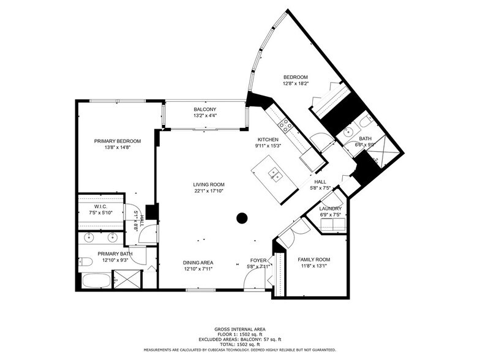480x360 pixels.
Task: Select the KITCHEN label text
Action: [268, 140]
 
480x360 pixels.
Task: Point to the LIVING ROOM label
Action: [209, 184]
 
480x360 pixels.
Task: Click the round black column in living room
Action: [242, 217]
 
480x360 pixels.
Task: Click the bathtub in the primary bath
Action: [96, 282]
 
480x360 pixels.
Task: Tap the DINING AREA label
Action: [198, 263]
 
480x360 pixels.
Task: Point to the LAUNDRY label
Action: [331, 209]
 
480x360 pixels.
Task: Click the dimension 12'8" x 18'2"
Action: [295, 83]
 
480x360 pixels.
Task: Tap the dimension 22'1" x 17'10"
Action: [209, 191]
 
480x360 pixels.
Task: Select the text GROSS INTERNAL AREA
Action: [240, 329]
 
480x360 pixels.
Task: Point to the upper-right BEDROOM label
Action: [295, 77]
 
